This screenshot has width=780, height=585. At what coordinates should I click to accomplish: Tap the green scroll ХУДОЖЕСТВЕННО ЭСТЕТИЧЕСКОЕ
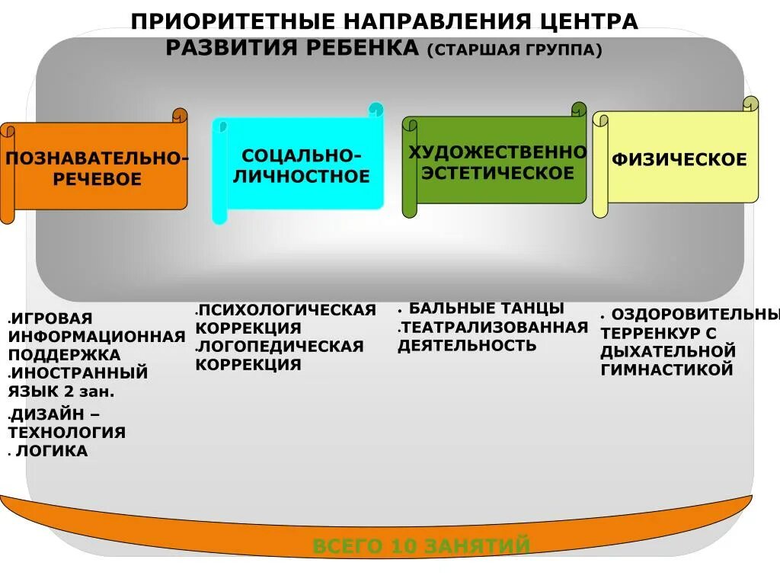pos(497,162)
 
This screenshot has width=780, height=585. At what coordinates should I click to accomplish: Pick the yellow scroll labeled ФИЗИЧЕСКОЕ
pos(679,160)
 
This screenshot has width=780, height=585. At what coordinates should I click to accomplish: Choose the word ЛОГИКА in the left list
pos(53,451)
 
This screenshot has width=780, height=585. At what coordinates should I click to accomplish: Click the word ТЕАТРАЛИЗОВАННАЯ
pos(495,328)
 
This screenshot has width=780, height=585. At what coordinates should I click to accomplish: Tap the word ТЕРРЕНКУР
pos(649,333)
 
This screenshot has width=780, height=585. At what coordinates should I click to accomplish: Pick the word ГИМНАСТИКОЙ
pos(667,369)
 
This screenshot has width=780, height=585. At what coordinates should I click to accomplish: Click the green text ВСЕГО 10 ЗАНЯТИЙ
pos(421,545)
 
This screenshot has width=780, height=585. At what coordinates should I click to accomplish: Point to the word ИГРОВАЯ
pos(52,318)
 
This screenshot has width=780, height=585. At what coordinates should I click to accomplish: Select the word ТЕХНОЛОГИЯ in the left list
pos(67,433)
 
